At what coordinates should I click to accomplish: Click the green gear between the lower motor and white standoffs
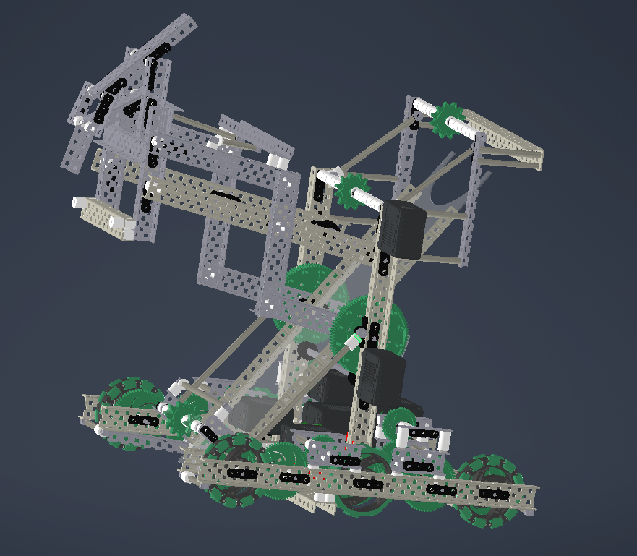[x=400, y=420]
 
